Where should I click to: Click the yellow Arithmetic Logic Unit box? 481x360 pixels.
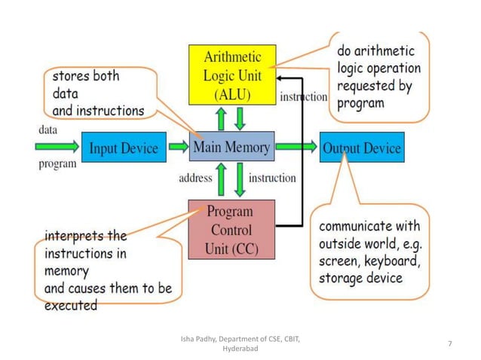point(231,75)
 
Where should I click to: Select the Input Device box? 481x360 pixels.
point(124,148)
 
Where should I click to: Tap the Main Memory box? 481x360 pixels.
point(231,147)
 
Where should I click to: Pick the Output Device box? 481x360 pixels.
point(361,148)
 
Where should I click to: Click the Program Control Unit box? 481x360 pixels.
point(231,229)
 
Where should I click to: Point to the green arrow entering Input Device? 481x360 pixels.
point(57,146)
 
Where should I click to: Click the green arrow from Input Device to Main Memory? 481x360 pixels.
point(178,146)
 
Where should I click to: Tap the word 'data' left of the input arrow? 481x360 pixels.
point(47,130)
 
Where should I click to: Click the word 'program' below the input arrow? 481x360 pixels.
point(57,163)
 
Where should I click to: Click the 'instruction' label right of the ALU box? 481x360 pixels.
point(303,96)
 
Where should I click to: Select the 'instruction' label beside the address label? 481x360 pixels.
point(272,178)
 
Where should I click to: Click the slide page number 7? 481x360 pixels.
point(449,344)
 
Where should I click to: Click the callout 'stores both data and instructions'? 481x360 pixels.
point(98,93)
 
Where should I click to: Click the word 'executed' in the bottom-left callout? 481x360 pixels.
point(71,305)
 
